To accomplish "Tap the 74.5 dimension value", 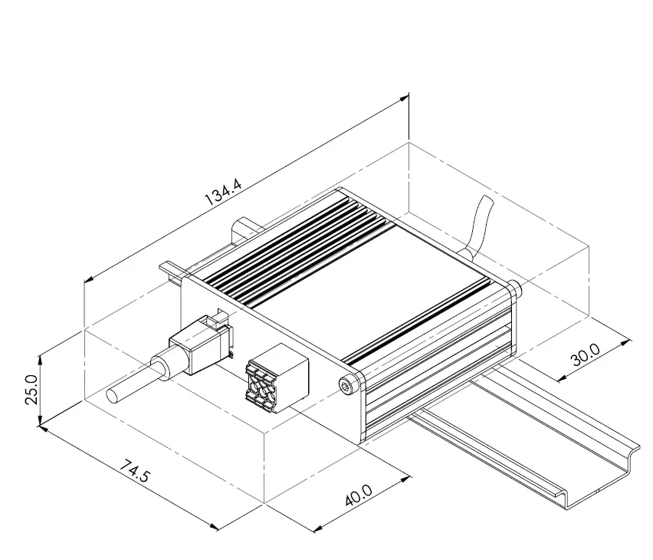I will coord(135,472).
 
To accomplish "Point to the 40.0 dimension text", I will coord(358,494).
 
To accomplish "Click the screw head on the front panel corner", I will coord(349,386).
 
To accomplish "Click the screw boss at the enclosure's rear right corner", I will coord(514,288).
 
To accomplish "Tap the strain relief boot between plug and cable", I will coord(164,367).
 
